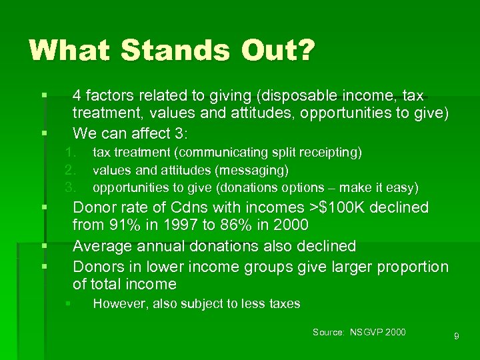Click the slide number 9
[456, 337]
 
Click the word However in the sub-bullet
[119, 304]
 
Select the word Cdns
[199, 207]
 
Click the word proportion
[413, 267]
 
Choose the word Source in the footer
[327, 332]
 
